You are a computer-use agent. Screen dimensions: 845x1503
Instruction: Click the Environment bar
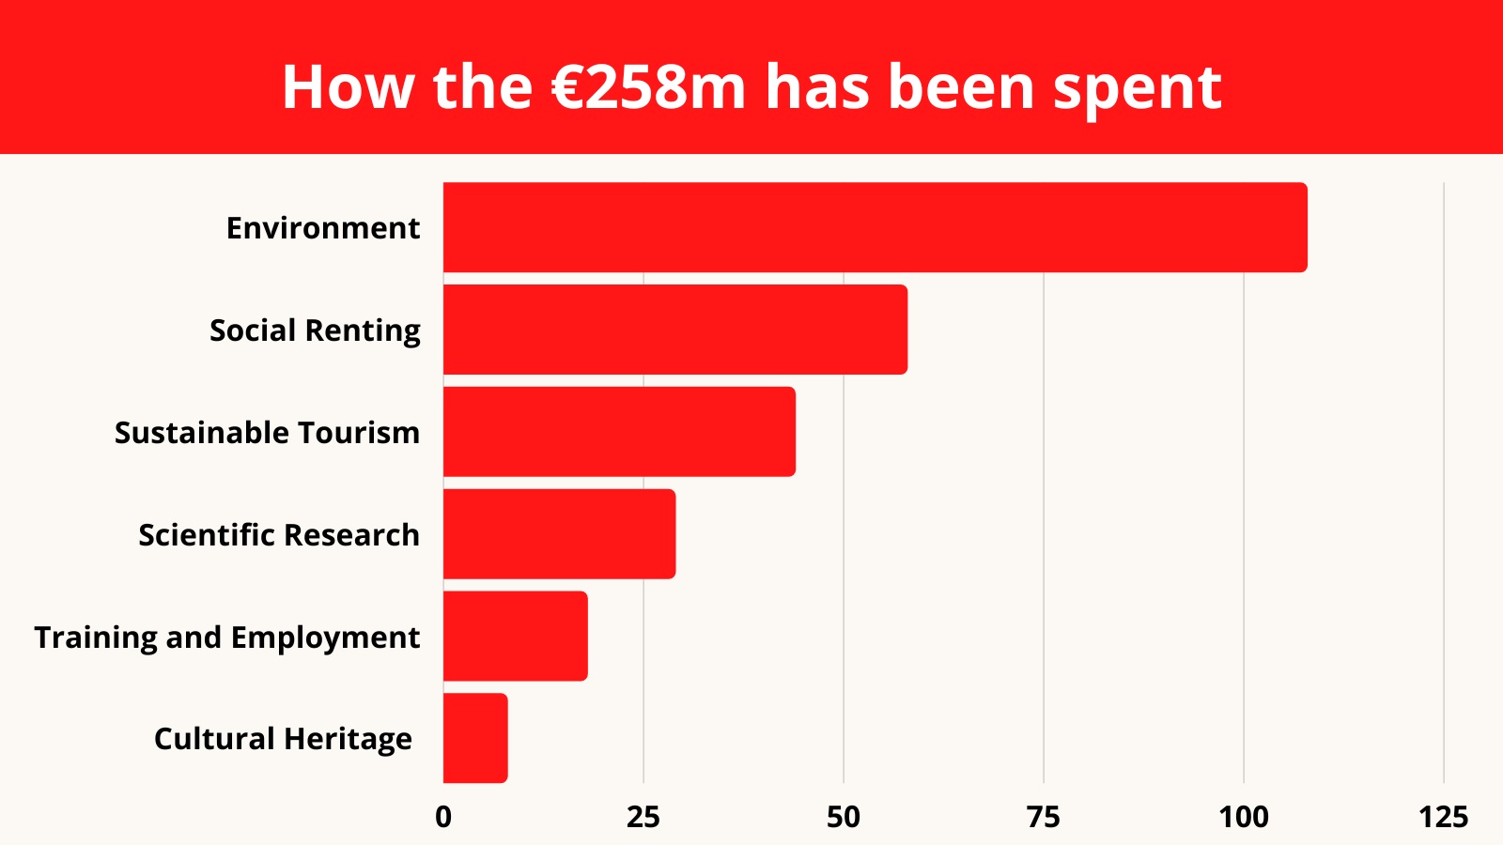pos(875,227)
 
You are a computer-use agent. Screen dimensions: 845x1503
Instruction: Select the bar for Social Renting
pos(674,330)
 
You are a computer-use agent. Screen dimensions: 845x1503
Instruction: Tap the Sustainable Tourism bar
pos(619,432)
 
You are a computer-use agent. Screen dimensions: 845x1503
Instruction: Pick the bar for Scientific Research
pos(559,534)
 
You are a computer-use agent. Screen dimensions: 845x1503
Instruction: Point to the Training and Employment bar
pos(515,636)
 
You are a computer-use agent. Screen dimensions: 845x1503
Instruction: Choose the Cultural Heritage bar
pos(475,738)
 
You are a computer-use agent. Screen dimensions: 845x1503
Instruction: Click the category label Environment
pos(323,228)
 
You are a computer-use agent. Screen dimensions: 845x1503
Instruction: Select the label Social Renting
pos(315,330)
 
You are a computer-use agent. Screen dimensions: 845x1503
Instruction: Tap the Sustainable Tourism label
pos(267,433)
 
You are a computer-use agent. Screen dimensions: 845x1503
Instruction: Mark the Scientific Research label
pos(279,535)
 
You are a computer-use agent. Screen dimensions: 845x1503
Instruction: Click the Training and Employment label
pos(226,638)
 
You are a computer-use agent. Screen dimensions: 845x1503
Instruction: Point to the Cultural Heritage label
pos(283,739)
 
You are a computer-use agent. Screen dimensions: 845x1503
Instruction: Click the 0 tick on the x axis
pos(443,818)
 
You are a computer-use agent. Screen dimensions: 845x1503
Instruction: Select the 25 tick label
pos(643,818)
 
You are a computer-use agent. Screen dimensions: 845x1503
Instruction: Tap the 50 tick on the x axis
pos(844,818)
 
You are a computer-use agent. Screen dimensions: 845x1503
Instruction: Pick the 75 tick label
pos(1044,818)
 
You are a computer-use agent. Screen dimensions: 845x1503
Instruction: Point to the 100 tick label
pos(1244,818)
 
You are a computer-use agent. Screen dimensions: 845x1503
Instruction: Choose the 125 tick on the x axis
pos(1444,818)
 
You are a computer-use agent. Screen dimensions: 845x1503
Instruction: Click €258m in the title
pos(648,87)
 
